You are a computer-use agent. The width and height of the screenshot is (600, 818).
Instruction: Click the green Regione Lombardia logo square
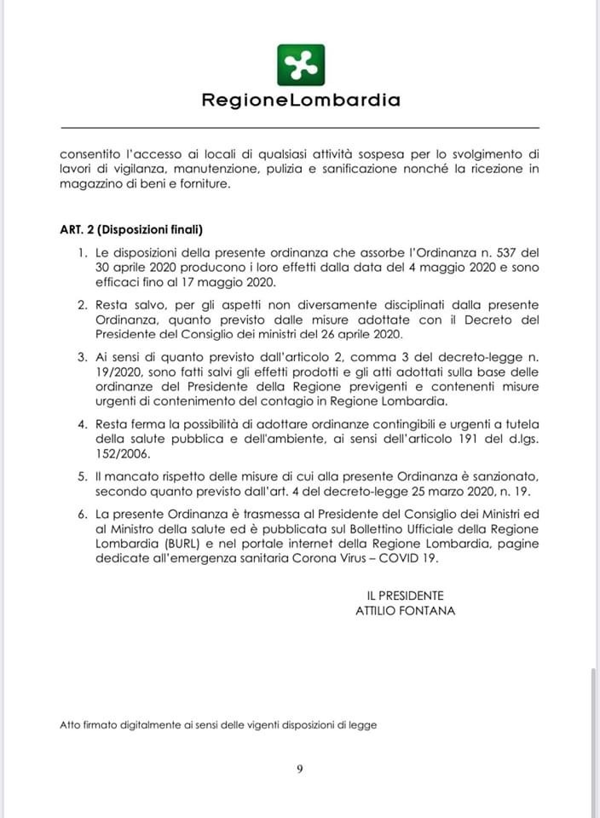(301, 65)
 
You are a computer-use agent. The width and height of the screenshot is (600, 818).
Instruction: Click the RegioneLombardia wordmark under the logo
(301, 101)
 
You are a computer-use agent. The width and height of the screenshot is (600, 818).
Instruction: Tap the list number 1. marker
(83, 253)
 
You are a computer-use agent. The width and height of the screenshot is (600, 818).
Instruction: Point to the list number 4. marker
(83, 424)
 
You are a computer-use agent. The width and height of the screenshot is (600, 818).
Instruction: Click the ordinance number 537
(502, 253)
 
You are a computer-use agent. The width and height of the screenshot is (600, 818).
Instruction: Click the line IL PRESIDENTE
(399, 596)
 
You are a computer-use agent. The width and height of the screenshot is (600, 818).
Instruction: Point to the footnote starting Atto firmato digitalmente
(218, 726)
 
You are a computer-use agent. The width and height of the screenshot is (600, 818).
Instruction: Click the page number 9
(300, 769)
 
